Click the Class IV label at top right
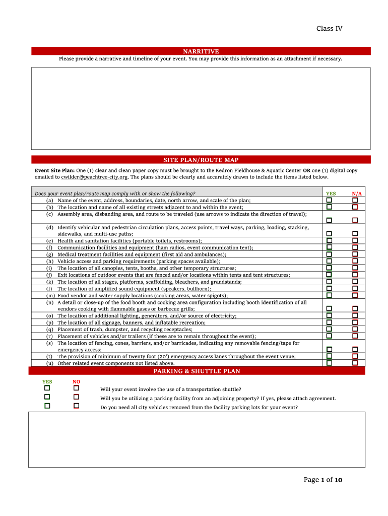pyautogui.click(x=329, y=29)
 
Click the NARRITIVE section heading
pyautogui.click(x=201, y=51)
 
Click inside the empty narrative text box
pyautogui.click(x=201, y=108)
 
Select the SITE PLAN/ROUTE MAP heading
pyautogui.click(x=201, y=160)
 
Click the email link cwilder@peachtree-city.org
pyautogui.click(x=94, y=177)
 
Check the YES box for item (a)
pyautogui.click(x=329, y=200)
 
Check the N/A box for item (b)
pyautogui.click(x=355, y=207)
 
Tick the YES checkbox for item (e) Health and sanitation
pyautogui.click(x=329, y=240)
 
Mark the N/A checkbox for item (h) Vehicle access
pyautogui.click(x=355, y=261)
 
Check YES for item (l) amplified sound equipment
pyautogui.click(x=329, y=288)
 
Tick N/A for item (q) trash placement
pyautogui.click(x=355, y=329)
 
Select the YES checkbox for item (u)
pyautogui.click(x=329, y=362)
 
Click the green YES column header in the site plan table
pyautogui.click(x=331, y=193)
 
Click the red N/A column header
pyautogui.click(x=357, y=193)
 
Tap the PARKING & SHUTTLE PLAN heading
pyautogui.click(x=197, y=371)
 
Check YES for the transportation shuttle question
pyautogui.click(x=47, y=388)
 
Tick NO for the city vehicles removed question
pyautogui.click(x=76, y=406)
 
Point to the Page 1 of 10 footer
pyautogui.click(x=322, y=480)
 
